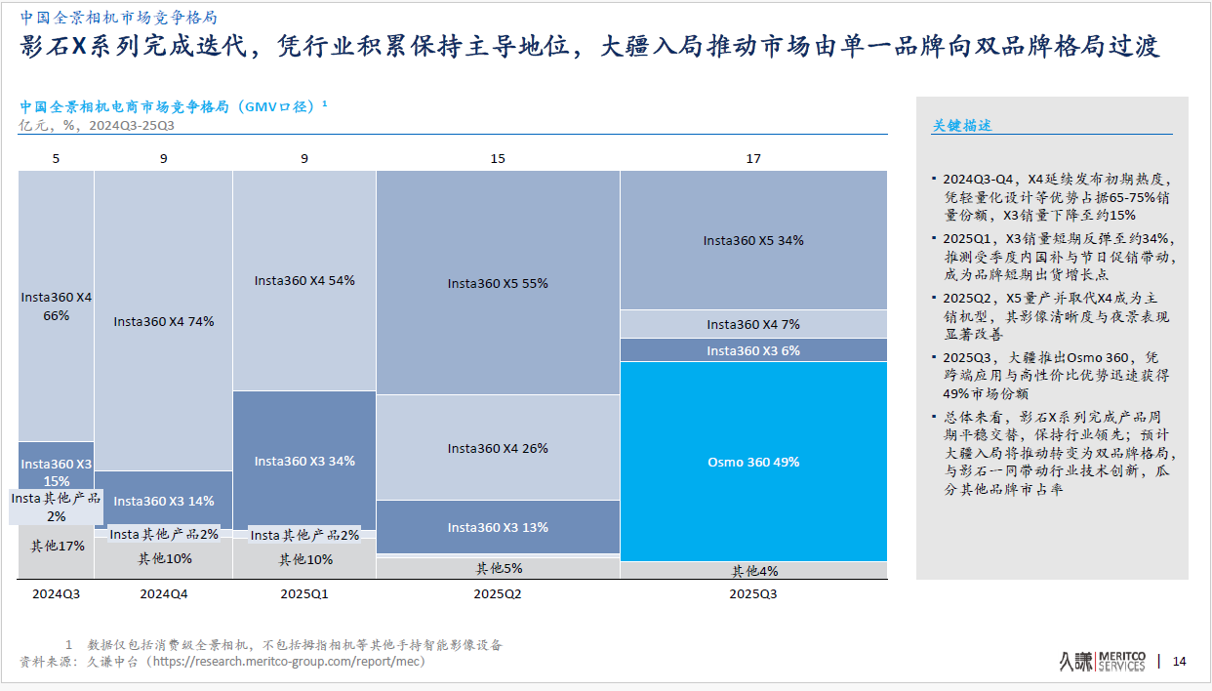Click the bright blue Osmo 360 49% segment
point(753,462)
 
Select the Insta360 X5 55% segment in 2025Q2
point(498,283)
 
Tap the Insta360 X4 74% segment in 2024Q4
point(163,321)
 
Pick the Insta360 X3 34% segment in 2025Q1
point(304,461)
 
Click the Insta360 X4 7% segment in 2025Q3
point(753,324)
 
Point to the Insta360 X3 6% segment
point(753,350)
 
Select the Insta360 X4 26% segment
point(498,448)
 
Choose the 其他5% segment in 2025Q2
point(499,568)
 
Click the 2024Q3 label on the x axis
point(57,593)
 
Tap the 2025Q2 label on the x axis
point(498,593)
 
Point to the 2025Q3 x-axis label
point(753,593)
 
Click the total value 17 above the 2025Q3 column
point(753,158)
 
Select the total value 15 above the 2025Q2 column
point(498,158)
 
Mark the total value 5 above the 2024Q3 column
point(56,158)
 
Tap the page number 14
point(1179,662)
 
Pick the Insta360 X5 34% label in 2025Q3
point(753,240)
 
